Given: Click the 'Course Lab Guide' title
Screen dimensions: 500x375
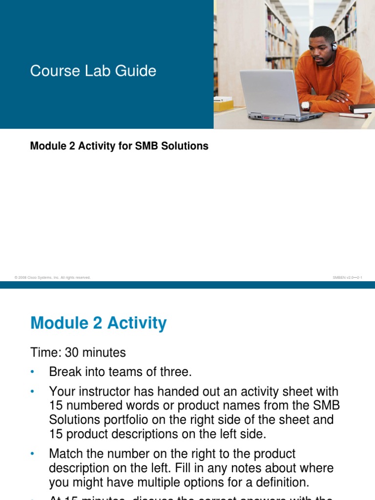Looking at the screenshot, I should point(93,71).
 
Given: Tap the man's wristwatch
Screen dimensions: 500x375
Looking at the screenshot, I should point(306,105).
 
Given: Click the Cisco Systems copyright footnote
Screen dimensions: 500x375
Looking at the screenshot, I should point(53,277).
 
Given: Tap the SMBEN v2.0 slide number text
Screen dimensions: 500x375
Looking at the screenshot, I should point(347,277).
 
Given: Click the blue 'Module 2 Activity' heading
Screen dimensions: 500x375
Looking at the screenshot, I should point(98,323).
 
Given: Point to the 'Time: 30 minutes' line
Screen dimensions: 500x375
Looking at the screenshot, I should point(78,353).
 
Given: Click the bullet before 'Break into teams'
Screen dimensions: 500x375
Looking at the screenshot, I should point(33,372).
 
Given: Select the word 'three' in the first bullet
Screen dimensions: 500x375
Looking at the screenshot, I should point(175,372).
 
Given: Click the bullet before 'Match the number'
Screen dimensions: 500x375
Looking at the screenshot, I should point(33,454).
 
